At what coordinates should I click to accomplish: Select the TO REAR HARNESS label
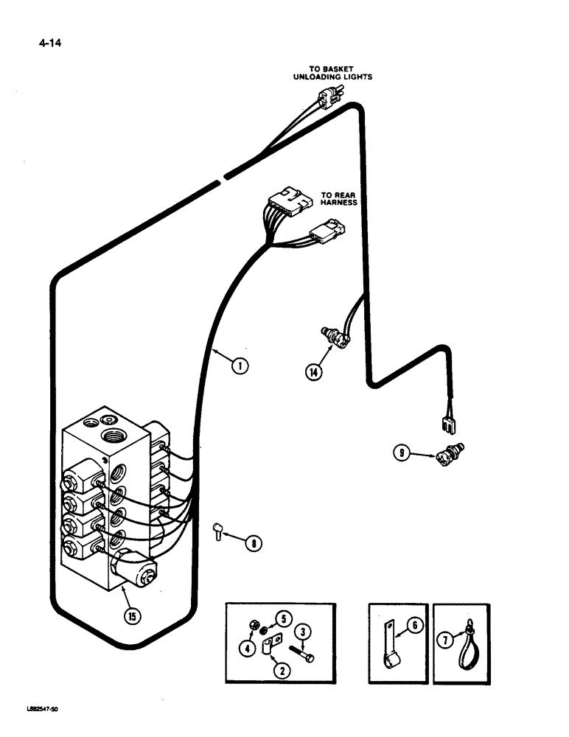pyautogui.click(x=338, y=200)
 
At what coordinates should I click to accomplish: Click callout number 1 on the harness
pyautogui.click(x=238, y=364)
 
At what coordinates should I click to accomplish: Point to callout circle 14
pyautogui.click(x=314, y=373)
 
